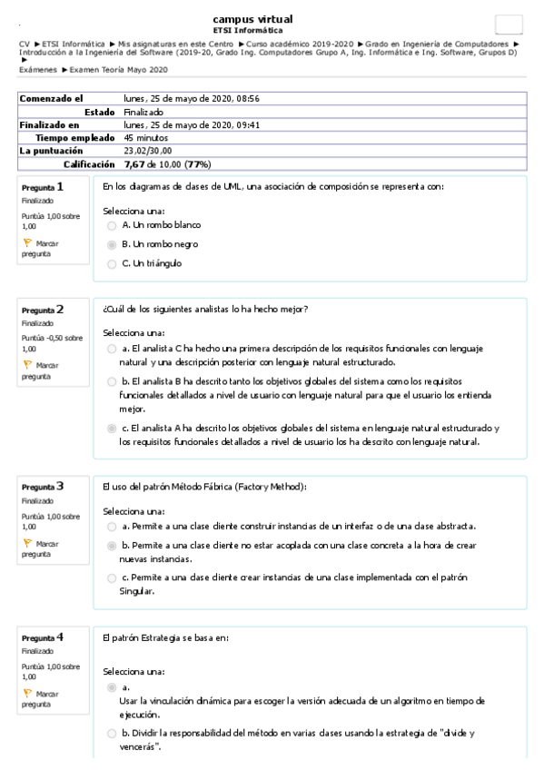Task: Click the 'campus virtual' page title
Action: [x=252, y=19]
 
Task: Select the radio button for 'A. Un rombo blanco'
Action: [x=112, y=224]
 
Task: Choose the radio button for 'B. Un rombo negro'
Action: [x=112, y=244]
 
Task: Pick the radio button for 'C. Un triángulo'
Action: [x=112, y=264]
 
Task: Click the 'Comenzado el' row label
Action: [x=52, y=98]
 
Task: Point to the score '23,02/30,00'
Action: [x=148, y=151]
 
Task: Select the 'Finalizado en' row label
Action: [x=49, y=124]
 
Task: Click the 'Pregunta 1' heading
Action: [x=43, y=187]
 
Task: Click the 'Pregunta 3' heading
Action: [x=43, y=486]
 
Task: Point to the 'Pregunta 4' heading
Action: [x=43, y=637]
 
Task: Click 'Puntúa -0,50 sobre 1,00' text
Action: [x=52, y=342]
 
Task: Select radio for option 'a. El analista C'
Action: [x=112, y=348]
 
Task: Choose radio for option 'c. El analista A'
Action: [x=112, y=428]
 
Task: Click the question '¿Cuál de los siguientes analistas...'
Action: [x=206, y=309]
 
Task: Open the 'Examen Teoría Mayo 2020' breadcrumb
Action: [x=118, y=70]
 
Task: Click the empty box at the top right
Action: [x=509, y=25]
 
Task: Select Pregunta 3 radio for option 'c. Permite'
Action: [x=112, y=577]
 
